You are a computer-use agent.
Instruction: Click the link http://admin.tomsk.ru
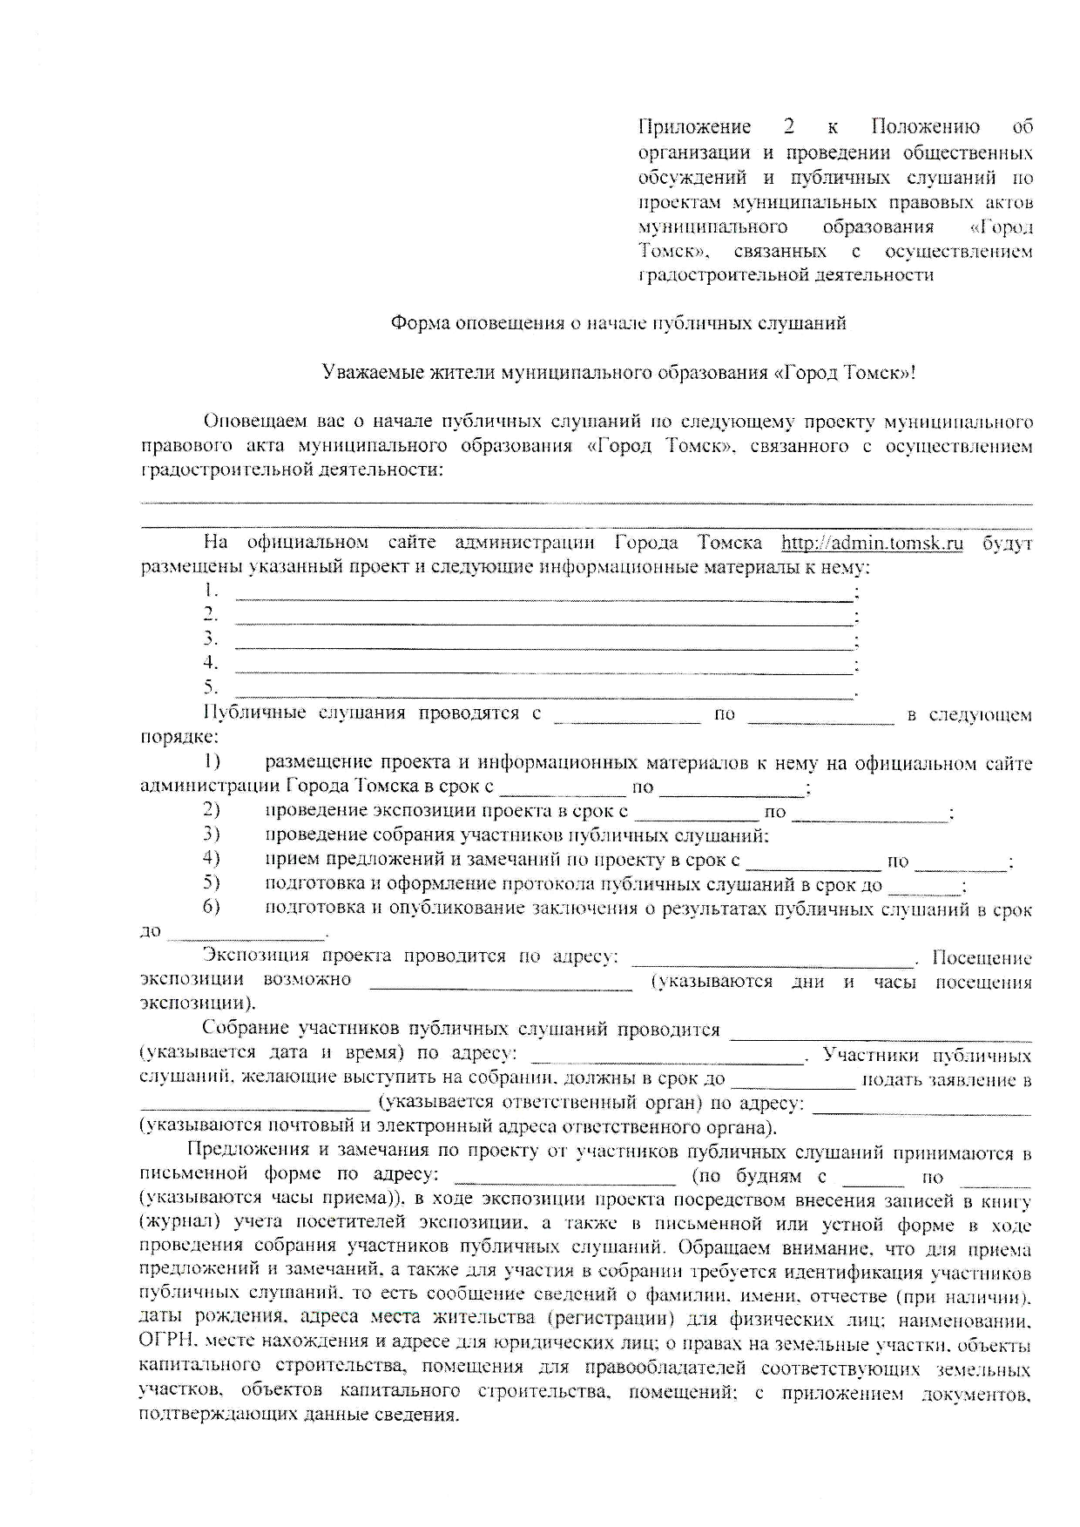[x=872, y=544]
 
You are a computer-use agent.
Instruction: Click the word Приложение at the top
[x=694, y=127]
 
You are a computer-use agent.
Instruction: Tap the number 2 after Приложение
[x=789, y=127]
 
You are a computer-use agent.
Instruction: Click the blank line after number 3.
[x=544, y=647]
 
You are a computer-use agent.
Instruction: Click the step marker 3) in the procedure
[x=212, y=834]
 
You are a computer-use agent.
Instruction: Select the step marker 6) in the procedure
[x=212, y=907]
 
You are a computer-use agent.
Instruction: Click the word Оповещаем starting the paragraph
[x=254, y=422]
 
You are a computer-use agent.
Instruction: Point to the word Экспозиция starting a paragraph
[x=259, y=956]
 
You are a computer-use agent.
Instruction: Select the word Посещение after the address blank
[x=982, y=958]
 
